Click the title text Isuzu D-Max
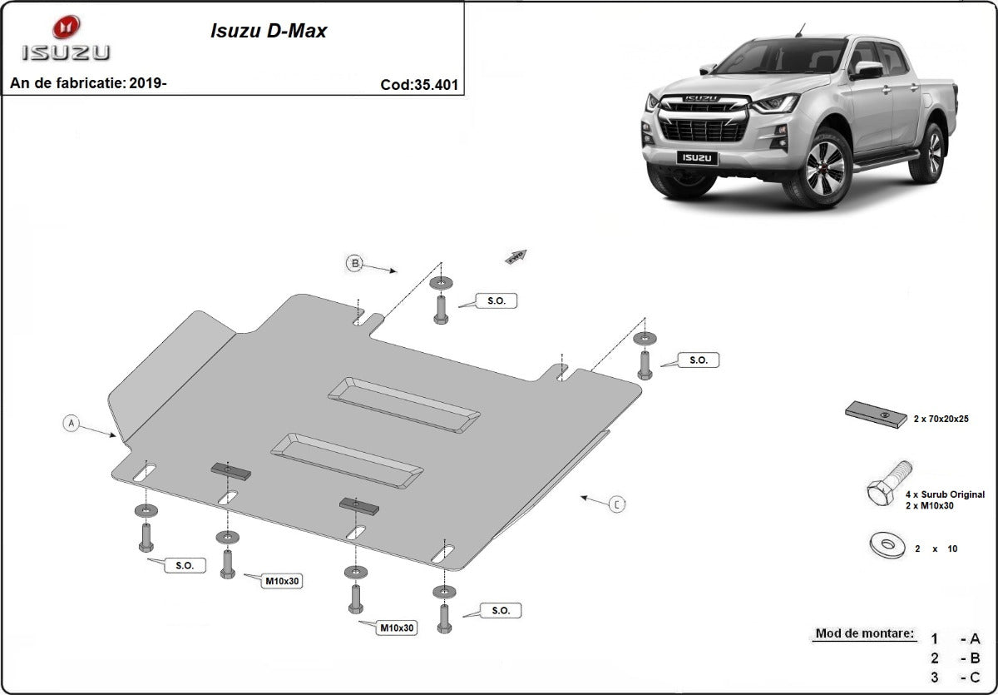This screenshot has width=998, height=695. pos(266,32)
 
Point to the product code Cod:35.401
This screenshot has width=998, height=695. pos(419,84)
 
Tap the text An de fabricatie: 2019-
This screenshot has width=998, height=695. pos(88,83)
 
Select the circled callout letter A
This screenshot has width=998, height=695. pos(72,424)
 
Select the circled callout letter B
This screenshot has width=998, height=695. pos(355,264)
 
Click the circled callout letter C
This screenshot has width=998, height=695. pos(616,504)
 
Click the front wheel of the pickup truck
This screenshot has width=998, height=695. pos(823,168)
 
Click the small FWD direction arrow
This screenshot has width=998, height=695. pos(516,256)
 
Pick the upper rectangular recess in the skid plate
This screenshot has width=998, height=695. pos(403,404)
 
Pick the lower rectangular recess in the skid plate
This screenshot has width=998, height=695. pos(347,460)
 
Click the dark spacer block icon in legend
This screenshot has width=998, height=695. pos(876,414)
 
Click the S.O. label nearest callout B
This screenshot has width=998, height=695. pos(496,300)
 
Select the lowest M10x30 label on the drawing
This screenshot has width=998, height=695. pos(398,628)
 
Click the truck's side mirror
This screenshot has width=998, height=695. pos(867,70)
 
